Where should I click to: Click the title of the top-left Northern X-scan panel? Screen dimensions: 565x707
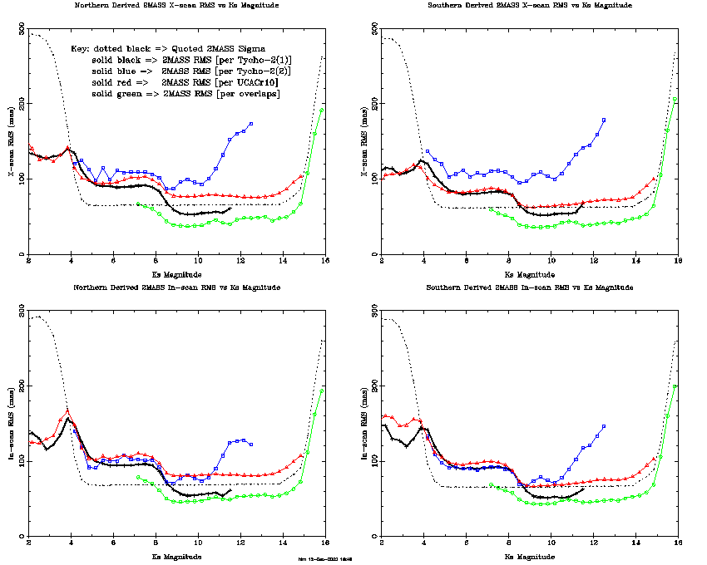click(176, 5)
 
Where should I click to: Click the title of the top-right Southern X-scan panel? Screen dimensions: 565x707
click(529, 5)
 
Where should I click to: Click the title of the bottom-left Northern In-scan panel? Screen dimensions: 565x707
click(176, 287)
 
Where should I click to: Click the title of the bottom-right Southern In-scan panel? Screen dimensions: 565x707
click(529, 287)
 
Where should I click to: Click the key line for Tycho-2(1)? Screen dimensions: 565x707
click(191, 61)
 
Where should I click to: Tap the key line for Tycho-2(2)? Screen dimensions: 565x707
click(191, 72)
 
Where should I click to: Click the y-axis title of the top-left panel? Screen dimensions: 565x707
click(12, 140)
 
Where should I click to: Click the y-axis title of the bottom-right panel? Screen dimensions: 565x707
click(364, 423)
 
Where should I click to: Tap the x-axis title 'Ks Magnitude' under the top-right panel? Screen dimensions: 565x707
click(529, 274)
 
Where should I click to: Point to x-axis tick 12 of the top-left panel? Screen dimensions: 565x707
click(240, 262)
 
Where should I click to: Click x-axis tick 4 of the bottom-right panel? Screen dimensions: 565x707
click(424, 543)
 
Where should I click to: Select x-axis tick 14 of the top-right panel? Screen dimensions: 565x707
click(635, 262)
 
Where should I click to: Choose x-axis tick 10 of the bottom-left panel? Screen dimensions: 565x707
click(198, 543)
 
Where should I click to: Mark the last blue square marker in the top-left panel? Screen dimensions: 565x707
click(250, 124)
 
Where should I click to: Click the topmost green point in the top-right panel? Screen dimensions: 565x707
click(675, 101)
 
